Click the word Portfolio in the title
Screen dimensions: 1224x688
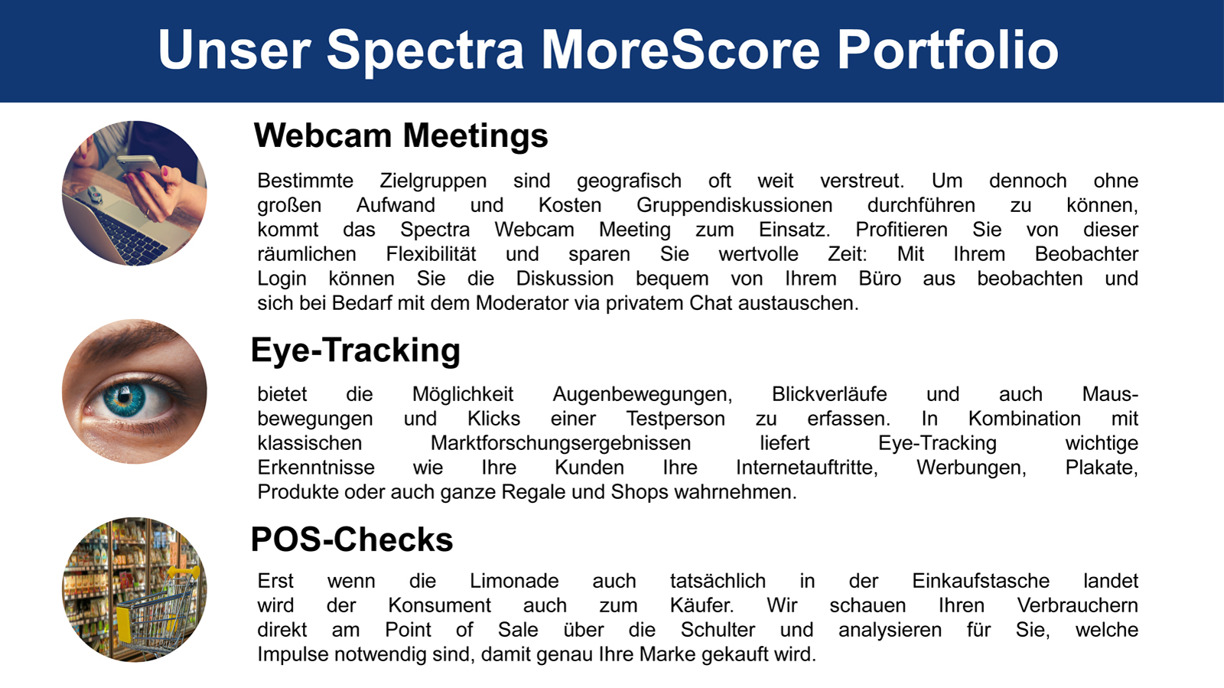click(x=948, y=51)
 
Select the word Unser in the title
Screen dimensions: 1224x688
click(x=234, y=51)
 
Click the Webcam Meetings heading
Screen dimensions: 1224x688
click(x=401, y=135)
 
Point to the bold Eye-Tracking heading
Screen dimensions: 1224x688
click(x=356, y=350)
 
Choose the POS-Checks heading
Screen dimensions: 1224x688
click(x=352, y=540)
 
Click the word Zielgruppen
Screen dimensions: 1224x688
click(x=433, y=181)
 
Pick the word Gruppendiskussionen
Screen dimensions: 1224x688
click(x=734, y=206)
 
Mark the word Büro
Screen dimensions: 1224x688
click(x=880, y=279)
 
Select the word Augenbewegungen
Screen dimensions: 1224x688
click(x=643, y=395)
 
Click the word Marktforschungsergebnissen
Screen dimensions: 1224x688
click(x=561, y=444)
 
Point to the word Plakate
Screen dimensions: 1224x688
click(x=1102, y=468)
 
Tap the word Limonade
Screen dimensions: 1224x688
click(x=514, y=581)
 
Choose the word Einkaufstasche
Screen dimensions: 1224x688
click(x=981, y=581)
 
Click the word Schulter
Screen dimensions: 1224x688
click(x=718, y=630)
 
